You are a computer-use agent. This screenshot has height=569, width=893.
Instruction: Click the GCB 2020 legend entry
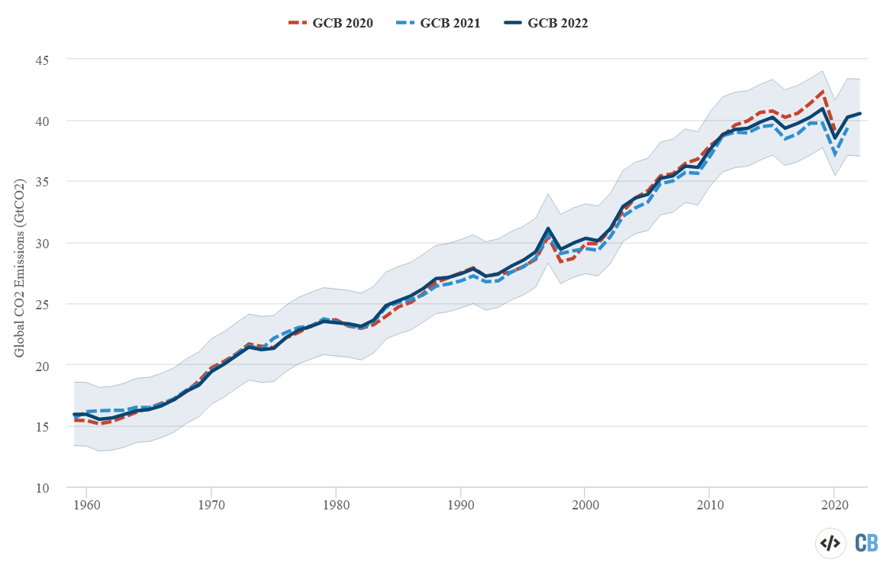[330, 23]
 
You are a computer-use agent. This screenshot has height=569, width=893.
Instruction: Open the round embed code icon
[830, 543]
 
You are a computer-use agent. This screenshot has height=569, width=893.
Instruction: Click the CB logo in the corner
[866, 543]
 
